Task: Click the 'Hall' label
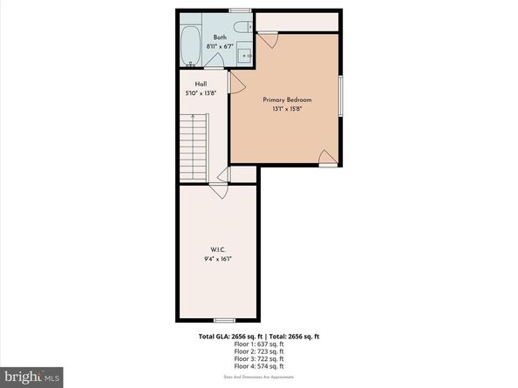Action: coord(188,84)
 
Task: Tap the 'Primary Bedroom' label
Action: coord(288,99)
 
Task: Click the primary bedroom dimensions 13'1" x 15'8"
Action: coord(288,109)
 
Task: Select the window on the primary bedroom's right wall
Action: coord(340,93)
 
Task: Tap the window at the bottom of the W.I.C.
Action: coord(218,317)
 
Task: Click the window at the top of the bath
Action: coord(240,10)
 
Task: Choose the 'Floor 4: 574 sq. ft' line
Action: coord(258,367)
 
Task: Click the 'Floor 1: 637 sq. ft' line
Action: coord(258,344)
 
